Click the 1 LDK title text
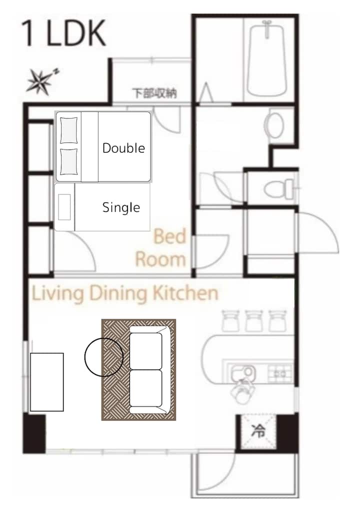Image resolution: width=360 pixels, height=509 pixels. [63, 33]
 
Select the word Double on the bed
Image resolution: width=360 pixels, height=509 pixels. [123, 148]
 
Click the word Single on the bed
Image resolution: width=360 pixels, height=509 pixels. [121, 207]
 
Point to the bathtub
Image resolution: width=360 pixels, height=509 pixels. [267, 58]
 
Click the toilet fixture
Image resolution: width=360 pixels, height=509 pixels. [279, 189]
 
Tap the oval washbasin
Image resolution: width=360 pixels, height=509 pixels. [274, 125]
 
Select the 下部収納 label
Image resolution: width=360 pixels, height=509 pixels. [154, 93]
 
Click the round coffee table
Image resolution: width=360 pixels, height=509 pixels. [104, 357]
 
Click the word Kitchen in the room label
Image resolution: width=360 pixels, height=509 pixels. [185, 293]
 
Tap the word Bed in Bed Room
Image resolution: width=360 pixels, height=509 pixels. [170, 236]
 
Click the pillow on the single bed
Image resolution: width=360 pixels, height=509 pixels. [64, 207]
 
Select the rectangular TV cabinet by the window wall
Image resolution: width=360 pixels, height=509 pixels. [46, 382]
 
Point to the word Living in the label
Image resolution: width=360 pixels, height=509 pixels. [58, 294]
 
